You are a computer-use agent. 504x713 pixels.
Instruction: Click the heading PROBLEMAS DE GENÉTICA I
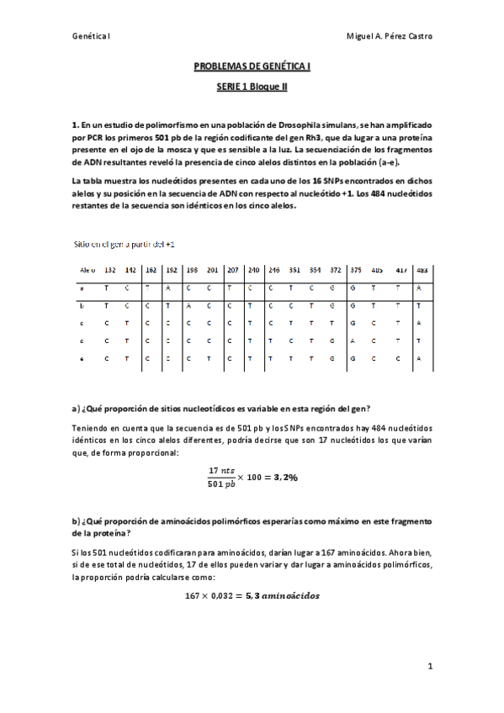pos(252,64)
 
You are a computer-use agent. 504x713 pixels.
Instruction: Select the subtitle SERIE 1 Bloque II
pos(252,85)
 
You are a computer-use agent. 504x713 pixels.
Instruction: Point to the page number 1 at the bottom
pos(430,667)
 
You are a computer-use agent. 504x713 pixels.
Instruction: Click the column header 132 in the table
pos(109,270)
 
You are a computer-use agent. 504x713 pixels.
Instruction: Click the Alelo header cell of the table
pos(86,270)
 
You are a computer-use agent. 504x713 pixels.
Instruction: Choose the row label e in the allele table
pos(82,358)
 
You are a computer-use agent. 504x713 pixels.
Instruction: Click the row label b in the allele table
pos(82,305)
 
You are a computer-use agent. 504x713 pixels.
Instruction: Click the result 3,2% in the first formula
pos(284,476)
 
